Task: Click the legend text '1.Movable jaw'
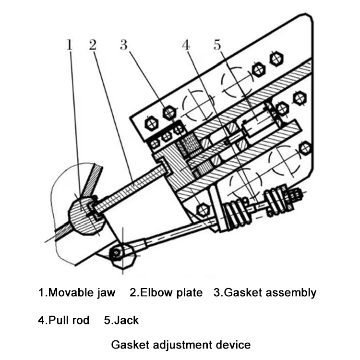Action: pyautogui.click(x=77, y=292)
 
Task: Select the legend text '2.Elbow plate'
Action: pyautogui.click(x=166, y=292)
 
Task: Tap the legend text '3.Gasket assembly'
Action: pyautogui.click(x=265, y=292)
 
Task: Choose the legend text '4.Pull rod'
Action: pyautogui.click(x=64, y=320)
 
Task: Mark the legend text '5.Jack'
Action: pyautogui.click(x=121, y=320)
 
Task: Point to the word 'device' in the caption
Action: pyautogui.click(x=233, y=345)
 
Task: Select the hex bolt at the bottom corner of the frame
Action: pyautogui.click(x=203, y=209)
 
